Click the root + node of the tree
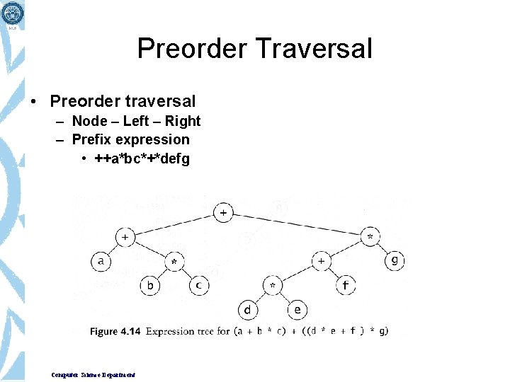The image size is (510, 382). [223, 212]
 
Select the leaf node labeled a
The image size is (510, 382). [101, 261]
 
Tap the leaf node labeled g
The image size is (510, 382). [395, 260]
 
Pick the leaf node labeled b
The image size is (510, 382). [149, 285]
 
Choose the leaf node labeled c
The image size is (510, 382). [199, 285]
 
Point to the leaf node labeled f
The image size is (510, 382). [346, 285]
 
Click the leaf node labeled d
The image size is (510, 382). [248, 310]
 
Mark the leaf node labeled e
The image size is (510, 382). [297, 310]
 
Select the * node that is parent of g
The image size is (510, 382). [370, 237]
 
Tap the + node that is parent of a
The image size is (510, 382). [125, 237]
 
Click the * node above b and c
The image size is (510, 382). [174, 262]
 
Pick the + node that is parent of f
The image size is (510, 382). [321, 261]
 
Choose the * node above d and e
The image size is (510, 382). [273, 285]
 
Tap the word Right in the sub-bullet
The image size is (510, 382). [183, 121]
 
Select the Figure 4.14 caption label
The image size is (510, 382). [114, 331]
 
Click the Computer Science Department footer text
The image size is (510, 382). [93, 374]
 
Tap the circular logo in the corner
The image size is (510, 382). [13, 12]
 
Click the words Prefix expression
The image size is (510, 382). [131, 139]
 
